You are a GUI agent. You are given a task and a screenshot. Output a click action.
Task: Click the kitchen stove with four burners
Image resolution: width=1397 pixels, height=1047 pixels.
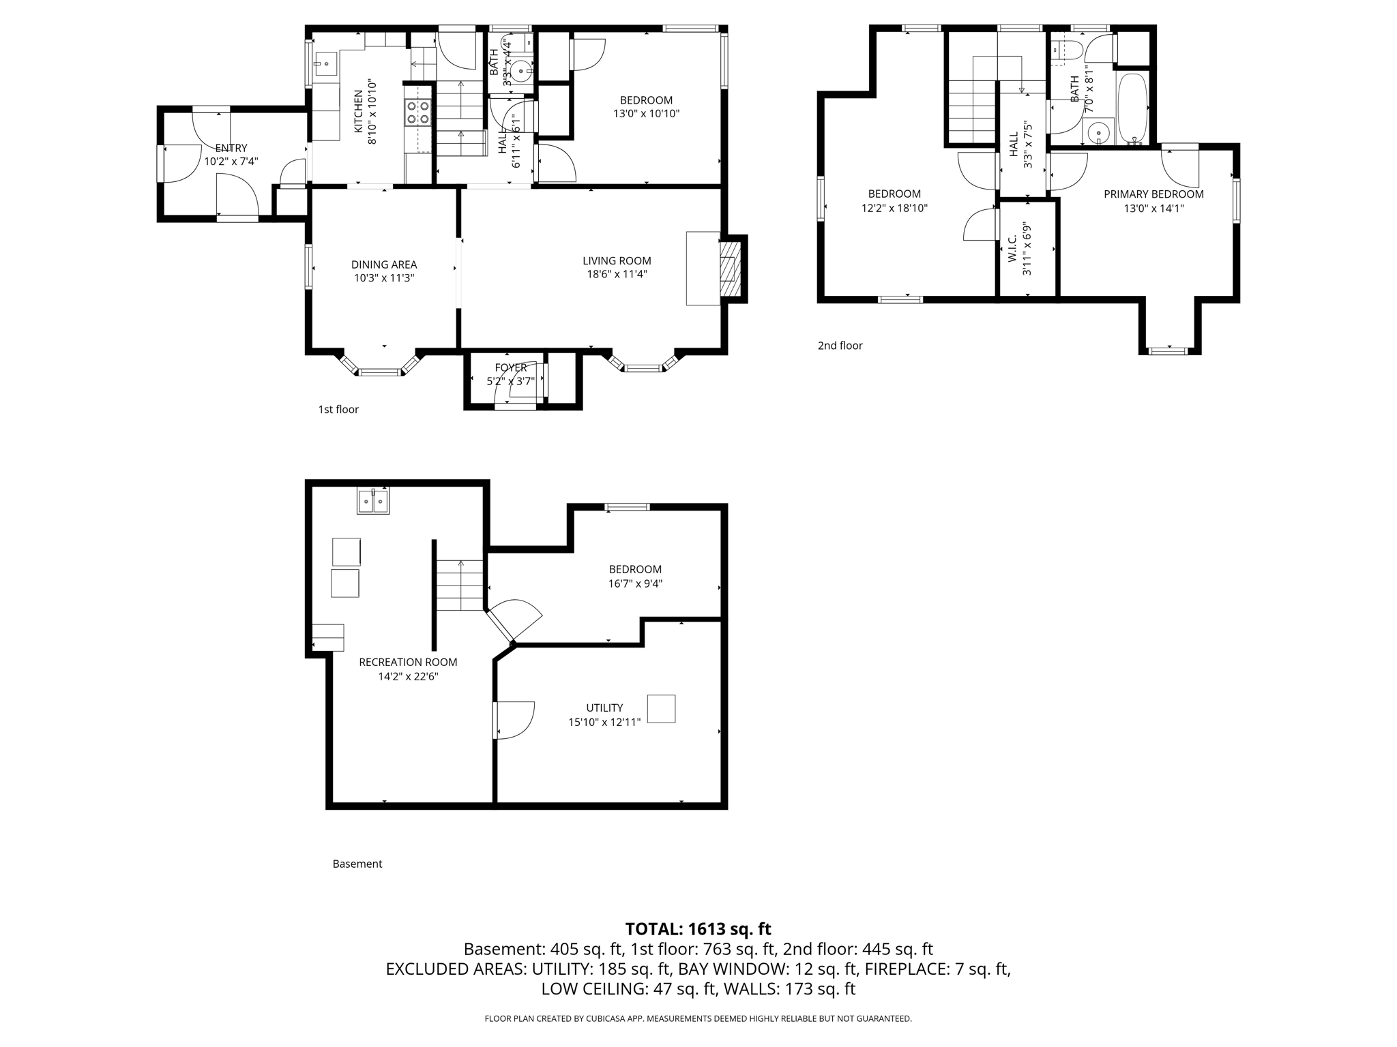point(418,113)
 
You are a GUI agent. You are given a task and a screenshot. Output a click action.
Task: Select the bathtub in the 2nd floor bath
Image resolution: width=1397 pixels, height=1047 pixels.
point(1133,108)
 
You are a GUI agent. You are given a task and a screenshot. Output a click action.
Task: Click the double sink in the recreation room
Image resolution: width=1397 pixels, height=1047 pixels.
point(373,501)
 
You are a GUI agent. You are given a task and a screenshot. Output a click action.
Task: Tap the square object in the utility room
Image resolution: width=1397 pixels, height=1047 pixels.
point(661,709)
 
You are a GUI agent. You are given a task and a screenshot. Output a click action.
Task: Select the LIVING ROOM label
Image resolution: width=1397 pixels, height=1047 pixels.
point(617,261)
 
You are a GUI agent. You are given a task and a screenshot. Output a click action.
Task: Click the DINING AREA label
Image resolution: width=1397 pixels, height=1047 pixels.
point(384,264)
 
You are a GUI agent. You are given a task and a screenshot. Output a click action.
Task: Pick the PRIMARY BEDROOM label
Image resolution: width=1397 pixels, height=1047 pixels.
point(1153,194)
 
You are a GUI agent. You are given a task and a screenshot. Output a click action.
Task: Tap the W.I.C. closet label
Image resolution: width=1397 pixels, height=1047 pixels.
point(1013,249)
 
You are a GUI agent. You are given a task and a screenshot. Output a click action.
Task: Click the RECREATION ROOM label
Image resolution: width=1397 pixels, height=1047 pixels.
point(408,662)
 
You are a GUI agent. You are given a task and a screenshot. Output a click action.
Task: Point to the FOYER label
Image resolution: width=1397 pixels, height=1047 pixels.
point(511,368)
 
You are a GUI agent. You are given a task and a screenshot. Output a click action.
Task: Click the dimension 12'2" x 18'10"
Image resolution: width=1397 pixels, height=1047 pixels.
point(894,209)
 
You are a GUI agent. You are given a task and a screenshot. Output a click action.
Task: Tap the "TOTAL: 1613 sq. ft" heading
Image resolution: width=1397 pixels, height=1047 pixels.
point(698,929)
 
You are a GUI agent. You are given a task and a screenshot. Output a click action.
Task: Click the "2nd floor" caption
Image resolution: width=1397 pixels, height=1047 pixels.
point(840,346)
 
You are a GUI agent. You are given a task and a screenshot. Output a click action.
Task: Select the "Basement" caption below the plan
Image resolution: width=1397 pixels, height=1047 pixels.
point(357,864)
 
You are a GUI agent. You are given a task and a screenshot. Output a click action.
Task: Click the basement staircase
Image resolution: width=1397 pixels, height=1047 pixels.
point(460,585)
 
